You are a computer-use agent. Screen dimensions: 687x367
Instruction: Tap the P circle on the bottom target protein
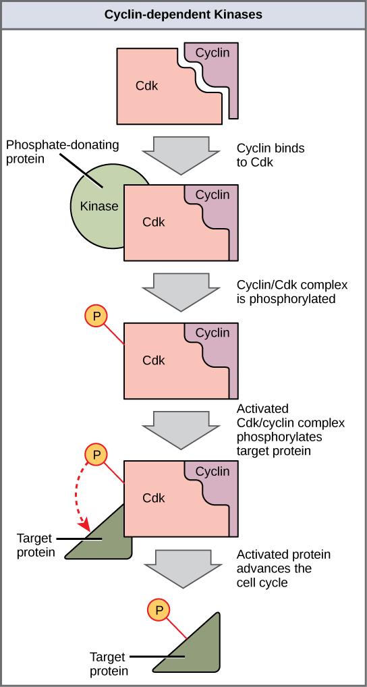coord(159,610)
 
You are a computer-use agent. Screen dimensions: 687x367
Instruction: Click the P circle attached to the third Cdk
coord(96,317)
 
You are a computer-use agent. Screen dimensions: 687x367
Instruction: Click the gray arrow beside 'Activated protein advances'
coord(181,567)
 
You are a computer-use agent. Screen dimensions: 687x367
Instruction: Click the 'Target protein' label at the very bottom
coord(109,663)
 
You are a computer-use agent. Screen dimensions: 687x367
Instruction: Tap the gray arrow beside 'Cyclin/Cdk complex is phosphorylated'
coord(181,291)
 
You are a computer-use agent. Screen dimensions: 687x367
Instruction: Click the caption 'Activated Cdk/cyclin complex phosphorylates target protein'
coord(290,429)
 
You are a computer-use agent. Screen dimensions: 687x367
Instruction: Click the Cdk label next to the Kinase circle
coord(153,221)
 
